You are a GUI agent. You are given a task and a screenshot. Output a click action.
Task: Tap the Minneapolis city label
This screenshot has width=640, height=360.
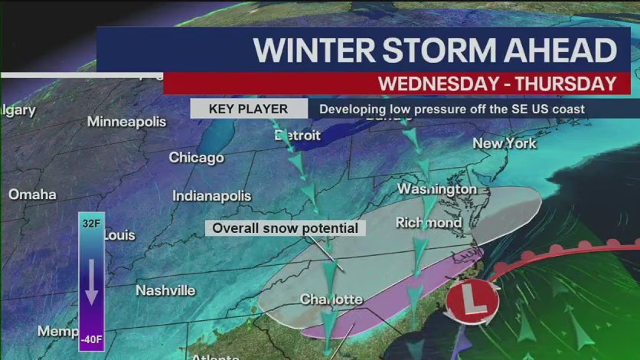click(x=126, y=122)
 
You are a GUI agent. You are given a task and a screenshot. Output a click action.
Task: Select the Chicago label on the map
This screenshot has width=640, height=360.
click(x=197, y=158)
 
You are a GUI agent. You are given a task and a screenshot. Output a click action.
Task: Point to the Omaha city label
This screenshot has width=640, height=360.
click(x=32, y=194)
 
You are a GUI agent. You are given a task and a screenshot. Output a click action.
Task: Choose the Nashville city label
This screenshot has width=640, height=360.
click(x=165, y=290)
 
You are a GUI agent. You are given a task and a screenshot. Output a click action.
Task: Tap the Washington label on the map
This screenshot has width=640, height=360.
click(x=436, y=188)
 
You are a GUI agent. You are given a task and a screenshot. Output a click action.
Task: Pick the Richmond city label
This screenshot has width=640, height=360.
click(x=429, y=223)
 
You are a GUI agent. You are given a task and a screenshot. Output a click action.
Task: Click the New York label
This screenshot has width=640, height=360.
click(x=504, y=143)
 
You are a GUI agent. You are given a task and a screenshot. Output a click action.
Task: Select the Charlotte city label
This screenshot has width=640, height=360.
click(x=331, y=298)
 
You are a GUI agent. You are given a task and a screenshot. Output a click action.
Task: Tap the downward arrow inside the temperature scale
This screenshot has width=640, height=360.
click(x=92, y=281)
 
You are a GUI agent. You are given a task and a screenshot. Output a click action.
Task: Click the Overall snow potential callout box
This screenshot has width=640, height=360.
click(x=285, y=228)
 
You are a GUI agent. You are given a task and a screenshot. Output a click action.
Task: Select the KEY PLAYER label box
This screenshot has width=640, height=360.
click(x=249, y=109)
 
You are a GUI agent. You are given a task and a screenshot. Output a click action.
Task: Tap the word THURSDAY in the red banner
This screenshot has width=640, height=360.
click(x=560, y=83)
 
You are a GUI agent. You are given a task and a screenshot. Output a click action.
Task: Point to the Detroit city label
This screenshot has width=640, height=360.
click(x=298, y=135)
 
